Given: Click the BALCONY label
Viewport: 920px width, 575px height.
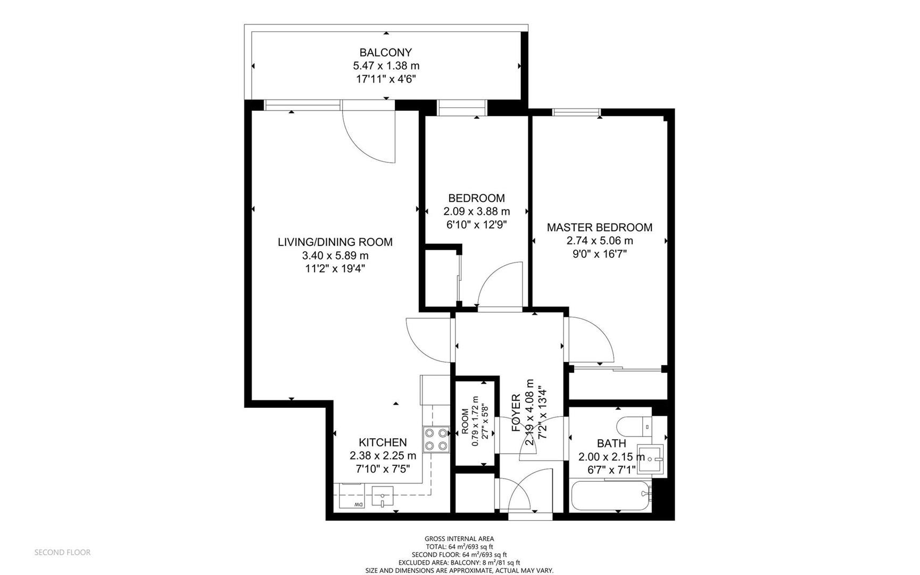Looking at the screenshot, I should pyautogui.click(x=385, y=52).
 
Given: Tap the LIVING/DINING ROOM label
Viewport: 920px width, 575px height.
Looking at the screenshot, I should pyautogui.click(x=335, y=242).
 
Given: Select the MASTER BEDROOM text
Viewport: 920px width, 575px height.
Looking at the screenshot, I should pyautogui.click(x=599, y=227).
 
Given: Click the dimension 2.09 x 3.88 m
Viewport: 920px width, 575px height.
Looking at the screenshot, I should pyautogui.click(x=476, y=211).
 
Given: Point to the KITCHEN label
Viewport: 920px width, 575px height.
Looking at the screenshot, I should pyautogui.click(x=383, y=442).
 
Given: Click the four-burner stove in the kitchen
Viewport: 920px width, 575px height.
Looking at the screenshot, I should pyautogui.click(x=436, y=439).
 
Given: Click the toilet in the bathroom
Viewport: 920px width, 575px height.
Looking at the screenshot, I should pyautogui.click(x=634, y=426).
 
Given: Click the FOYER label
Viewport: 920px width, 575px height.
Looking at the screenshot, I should pyautogui.click(x=516, y=413).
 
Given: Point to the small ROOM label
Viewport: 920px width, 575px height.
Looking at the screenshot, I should pyautogui.click(x=465, y=421).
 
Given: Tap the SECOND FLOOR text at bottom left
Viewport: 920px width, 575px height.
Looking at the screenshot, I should pyautogui.click(x=62, y=552).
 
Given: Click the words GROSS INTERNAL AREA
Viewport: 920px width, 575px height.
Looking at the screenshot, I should pyautogui.click(x=459, y=539).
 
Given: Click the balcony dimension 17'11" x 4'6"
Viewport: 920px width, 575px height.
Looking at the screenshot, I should pyautogui.click(x=385, y=79).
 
